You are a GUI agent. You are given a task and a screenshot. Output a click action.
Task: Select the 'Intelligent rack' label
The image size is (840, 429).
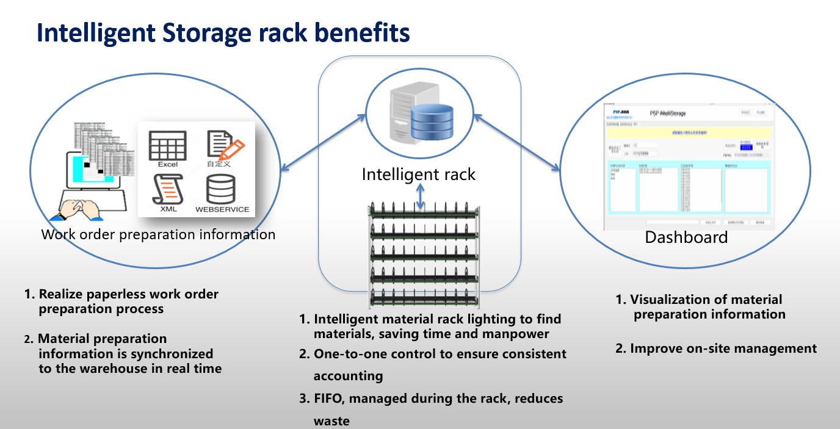[x=418, y=175]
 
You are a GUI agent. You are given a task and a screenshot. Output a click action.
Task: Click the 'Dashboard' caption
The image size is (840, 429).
[x=686, y=237]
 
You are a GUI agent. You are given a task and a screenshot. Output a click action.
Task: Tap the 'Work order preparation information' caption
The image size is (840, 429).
[x=158, y=234]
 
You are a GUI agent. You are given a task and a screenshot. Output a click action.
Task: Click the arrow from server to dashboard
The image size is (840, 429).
[x=516, y=141]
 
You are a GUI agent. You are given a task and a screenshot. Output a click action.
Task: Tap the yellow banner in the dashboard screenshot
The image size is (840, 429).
[x=688, y=132]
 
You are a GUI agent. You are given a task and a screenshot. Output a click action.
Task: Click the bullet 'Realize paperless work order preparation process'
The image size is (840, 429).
[x=128, y=301]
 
